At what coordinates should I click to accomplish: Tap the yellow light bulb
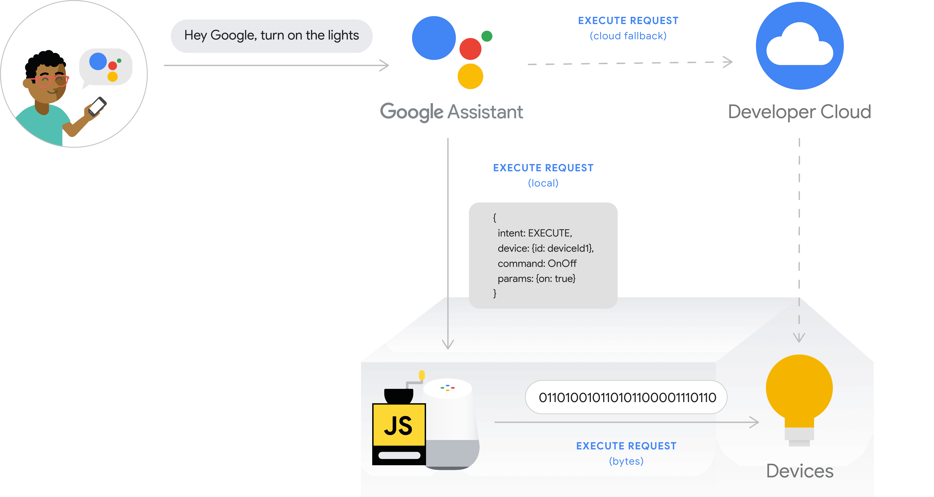tap(799, 390)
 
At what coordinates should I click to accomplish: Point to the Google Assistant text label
tap(451, 112)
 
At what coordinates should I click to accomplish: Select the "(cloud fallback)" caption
tap(628, 36)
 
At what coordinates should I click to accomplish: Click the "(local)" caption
tap(543, 183)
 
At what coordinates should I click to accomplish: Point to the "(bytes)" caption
tap(626, 461)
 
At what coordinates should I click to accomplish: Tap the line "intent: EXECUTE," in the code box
tap(535, 233)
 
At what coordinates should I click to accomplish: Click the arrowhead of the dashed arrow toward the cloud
tap(728, 62)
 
